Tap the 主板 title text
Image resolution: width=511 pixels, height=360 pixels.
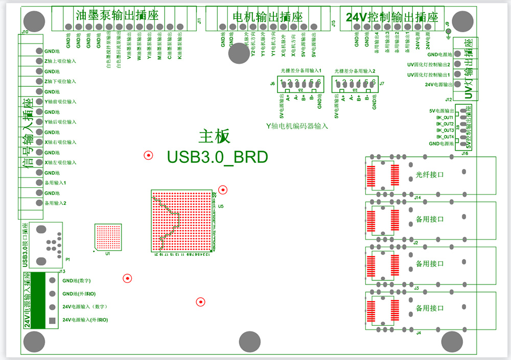pyautogui.click(x=215, y=136)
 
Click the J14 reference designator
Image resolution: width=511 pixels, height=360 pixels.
pyautogui.click(x=417, y=198)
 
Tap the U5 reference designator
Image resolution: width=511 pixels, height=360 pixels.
pyautogui.click(x=221, y=207)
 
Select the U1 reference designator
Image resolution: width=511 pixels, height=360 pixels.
pyautogui.click(x=107, y=254)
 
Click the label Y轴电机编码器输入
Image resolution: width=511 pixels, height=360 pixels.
pyautogui.click(x=297, y=126)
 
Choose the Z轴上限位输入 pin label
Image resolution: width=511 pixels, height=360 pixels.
pyautogui.click(x=60, y=61)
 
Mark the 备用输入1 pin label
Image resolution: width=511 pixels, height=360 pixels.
pyautogui.click(x=55, y=183)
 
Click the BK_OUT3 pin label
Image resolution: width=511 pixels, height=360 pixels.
pyautogui.click(x=445, y=130)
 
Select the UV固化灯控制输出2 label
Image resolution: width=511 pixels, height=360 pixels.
pyautogui.click(x=428, y=65)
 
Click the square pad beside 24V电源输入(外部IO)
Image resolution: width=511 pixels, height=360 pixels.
pyautogui.click(x=52, y=321)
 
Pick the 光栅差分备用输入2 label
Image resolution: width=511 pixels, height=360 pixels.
pyautogui.click(x=355, y=71)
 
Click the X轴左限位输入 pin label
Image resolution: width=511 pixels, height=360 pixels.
pyautogui.click(x=60, y=162)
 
